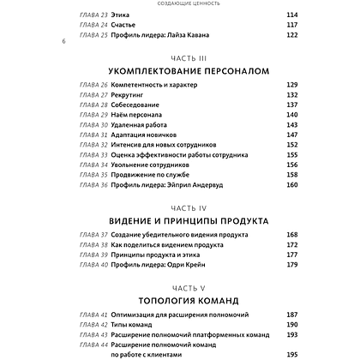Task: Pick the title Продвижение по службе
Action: [x=159, y=172]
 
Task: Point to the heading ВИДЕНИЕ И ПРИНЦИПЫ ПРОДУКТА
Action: [x=180, y=220]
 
